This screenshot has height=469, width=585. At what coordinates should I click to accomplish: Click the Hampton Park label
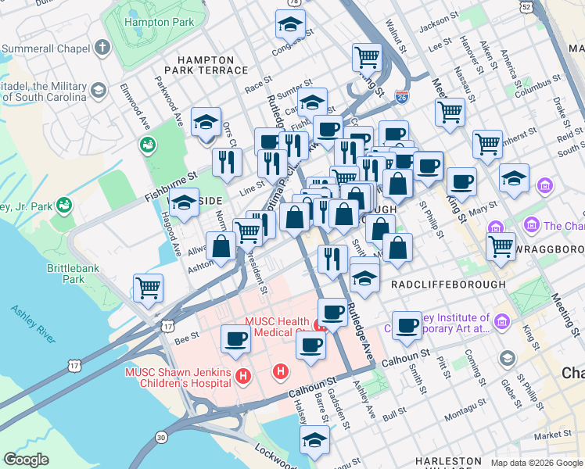(x=161, y=23)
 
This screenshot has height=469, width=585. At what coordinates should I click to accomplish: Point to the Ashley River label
(x=33, y=324)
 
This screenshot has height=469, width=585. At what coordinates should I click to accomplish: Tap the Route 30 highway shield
(x=161, y=437)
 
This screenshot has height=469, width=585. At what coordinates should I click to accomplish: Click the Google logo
(x=26, y=459)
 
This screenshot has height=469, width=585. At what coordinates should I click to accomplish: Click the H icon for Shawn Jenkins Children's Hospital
(x=243, y=378)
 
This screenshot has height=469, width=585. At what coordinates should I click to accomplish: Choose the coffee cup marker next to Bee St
(x=235, y=338)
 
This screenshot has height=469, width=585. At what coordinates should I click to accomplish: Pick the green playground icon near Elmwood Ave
(x=146, y=145)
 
